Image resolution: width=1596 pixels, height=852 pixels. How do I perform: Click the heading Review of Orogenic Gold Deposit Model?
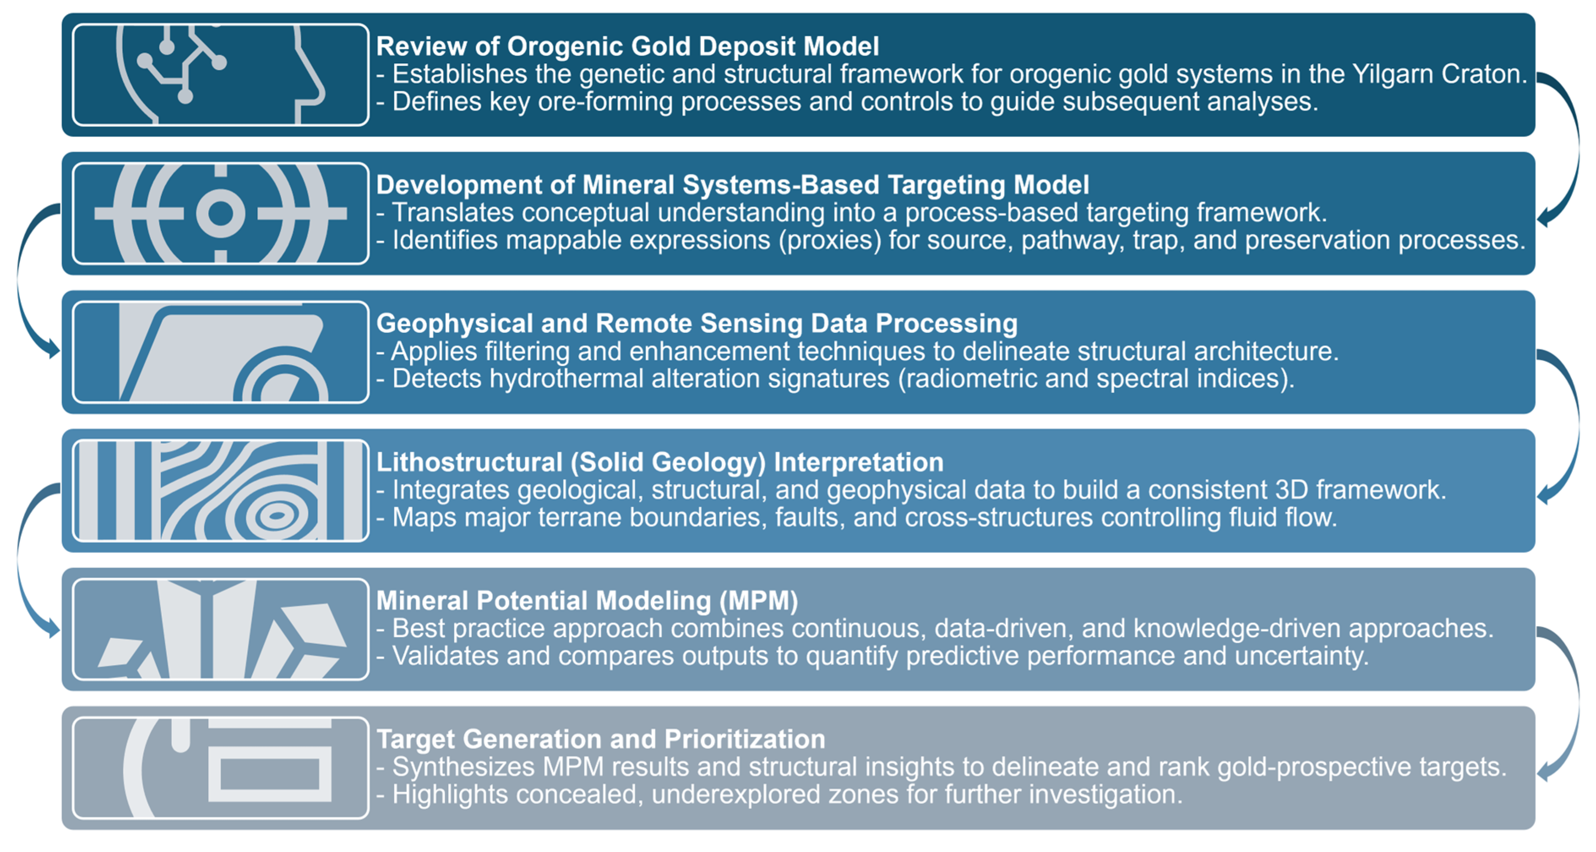click(627, 46)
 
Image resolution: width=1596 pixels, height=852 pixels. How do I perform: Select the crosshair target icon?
click(220, 214)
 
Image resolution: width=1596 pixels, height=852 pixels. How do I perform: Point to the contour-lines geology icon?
click(220, 490)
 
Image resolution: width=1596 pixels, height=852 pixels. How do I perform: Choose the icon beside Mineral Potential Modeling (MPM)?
click(220, 629)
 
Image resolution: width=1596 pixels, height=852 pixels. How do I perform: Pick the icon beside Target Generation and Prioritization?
click(220, 768)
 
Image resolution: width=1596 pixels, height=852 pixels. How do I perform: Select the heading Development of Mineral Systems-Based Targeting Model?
click(732, 185)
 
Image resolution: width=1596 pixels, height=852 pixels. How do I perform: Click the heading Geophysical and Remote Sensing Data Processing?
click(696, 324)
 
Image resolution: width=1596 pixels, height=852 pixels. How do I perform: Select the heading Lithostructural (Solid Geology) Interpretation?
click(660, 463)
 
